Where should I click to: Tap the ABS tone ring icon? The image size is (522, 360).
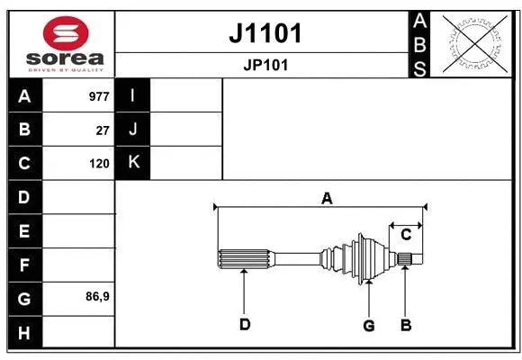[472, 42]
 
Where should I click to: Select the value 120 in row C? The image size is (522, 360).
[99, 164]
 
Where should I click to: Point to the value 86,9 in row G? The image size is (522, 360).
[97, 296]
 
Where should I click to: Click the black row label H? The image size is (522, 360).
[24, 332]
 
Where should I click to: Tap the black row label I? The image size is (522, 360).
[132, 95]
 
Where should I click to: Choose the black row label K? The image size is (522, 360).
[132, 163]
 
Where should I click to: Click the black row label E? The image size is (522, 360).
[24, 231]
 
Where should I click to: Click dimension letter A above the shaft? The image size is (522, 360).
[327, 198]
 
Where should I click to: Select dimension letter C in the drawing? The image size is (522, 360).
[406, 235]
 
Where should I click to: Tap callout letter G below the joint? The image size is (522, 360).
[368, 325]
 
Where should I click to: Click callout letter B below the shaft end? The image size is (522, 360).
[406, 325]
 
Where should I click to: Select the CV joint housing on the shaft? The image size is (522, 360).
[367, 257]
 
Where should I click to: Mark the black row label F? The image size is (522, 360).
[24, 265]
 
